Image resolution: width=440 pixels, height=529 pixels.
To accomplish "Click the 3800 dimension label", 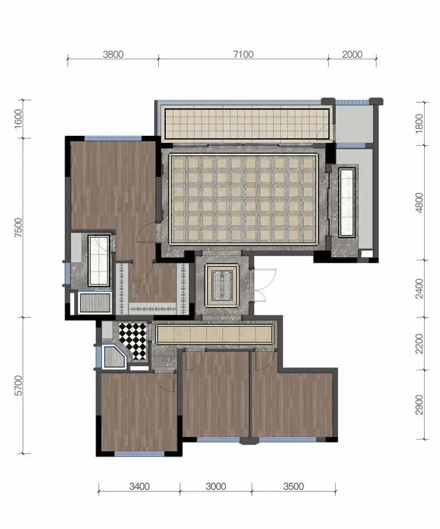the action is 113,54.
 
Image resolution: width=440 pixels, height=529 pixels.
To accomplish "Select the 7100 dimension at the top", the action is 243,54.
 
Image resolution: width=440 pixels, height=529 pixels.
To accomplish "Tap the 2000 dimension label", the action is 352,54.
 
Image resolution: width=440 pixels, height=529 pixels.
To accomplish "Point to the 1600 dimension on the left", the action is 18,119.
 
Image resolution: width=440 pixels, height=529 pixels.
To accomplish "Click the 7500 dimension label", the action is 18,227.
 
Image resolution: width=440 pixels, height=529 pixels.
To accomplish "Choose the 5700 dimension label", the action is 18,385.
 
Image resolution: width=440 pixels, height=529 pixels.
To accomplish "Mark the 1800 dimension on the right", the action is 419,123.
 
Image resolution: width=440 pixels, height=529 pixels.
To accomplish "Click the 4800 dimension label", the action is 419,202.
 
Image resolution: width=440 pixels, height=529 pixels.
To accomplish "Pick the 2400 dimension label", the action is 419,289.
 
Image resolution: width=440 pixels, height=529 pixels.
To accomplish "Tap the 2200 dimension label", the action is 419,344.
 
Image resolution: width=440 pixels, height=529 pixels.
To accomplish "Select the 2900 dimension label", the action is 419,404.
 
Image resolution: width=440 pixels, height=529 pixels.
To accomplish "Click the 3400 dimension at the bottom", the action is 139,487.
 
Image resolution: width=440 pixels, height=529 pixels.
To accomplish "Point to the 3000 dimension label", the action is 216,487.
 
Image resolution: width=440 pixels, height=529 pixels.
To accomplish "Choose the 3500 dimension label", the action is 294,487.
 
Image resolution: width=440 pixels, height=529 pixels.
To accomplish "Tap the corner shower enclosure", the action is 114,356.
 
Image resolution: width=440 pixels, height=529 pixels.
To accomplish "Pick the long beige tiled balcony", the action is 247,123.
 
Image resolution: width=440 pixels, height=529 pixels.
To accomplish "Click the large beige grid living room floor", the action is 244,199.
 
